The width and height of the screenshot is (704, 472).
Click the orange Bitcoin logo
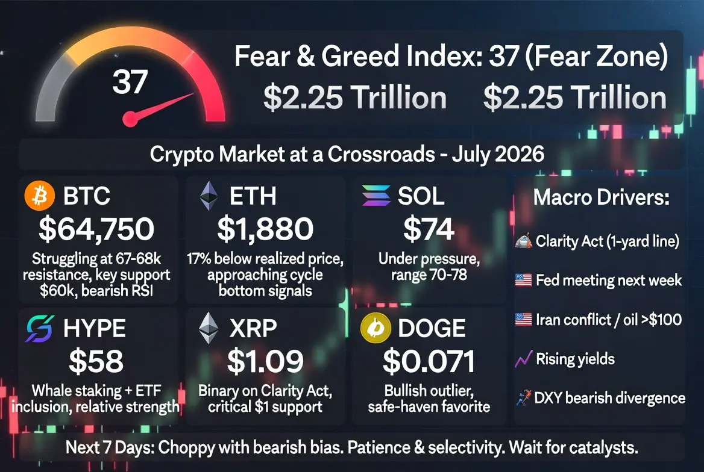[40, 196]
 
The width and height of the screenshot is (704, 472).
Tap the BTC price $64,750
[96, 229]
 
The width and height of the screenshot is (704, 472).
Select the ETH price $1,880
[265, 229]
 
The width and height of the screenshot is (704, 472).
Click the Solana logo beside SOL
[376, 196]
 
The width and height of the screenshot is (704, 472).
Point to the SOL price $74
[429, 229]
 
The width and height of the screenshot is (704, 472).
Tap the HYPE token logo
[40, 329]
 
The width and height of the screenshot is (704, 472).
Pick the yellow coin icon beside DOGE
[376, 328]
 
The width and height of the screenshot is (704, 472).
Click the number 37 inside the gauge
[130, 82]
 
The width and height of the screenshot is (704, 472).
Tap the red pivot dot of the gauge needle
[130, 119]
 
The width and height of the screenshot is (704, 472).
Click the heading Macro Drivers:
[601, 197]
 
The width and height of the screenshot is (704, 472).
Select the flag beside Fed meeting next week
[524, 281]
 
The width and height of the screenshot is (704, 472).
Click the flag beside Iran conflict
[524, 320]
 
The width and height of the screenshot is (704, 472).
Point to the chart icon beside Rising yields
[524, 358]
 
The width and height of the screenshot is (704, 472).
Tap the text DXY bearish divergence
[610, 398]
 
